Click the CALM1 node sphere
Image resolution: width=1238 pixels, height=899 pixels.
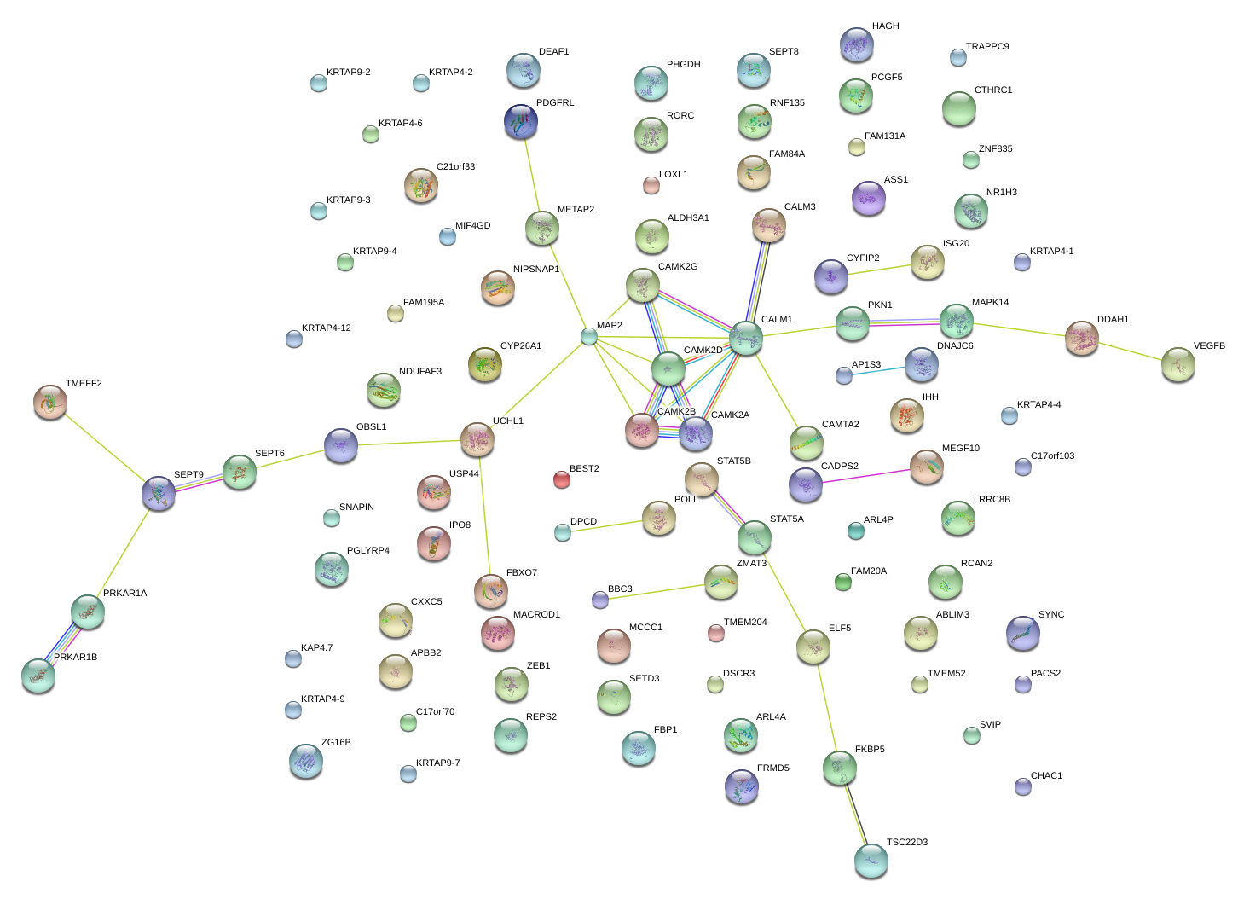coord(746,338)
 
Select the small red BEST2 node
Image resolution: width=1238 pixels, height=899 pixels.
coord(561,479)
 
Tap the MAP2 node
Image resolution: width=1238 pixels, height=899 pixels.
coord(588,336)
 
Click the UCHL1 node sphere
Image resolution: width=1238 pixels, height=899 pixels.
coord(477,438)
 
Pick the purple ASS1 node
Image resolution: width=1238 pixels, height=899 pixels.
coord(868,198)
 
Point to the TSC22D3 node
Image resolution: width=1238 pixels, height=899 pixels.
coord(871,861)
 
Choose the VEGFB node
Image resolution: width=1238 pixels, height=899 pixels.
coord(1177,364)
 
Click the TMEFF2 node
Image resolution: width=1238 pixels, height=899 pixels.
coord(50,402)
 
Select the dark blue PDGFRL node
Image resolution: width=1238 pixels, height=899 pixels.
coord(520,122)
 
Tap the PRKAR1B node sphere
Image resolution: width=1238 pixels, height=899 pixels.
coord(38,676)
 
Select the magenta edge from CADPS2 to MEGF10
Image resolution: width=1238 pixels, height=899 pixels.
coord(865,475)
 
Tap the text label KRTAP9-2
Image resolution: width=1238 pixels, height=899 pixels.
coord(348,72)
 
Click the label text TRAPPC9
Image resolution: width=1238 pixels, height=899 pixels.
coord(986,47)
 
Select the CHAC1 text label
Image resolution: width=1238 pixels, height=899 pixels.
coord(1046,776)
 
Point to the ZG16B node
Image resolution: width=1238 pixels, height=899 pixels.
coord(305,761)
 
